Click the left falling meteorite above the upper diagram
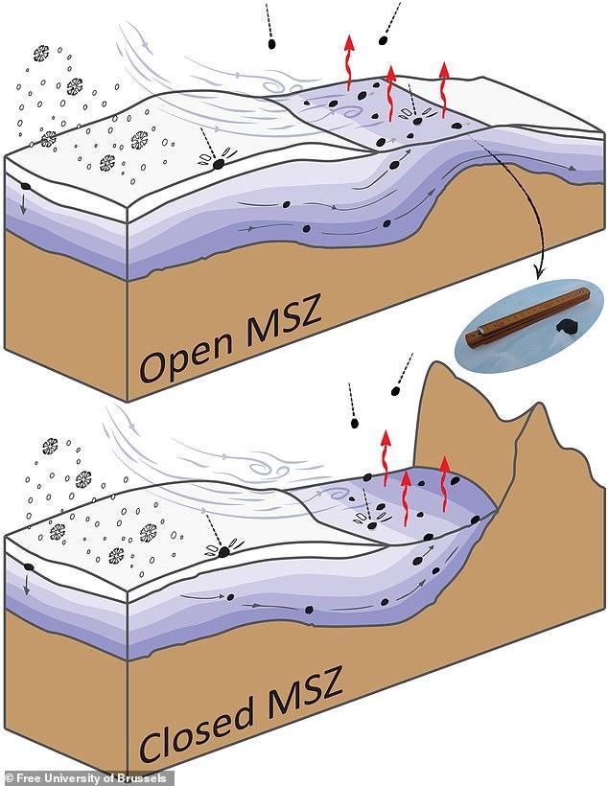coord(272,43)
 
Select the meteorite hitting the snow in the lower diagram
coord(226,549)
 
